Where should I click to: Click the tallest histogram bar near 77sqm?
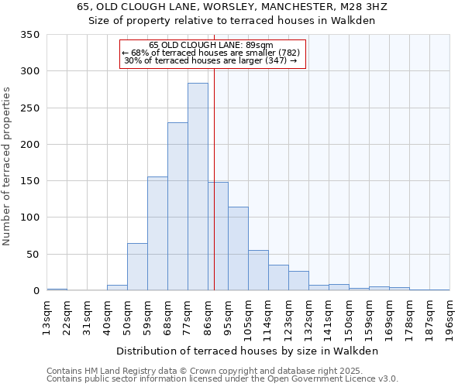198,187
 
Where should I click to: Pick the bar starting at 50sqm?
137,267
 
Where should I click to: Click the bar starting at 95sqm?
238,248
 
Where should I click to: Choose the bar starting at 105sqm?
258,270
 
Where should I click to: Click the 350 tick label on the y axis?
30,35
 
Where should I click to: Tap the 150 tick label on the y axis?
30,181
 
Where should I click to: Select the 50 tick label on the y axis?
33,255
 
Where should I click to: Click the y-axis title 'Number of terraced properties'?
8,166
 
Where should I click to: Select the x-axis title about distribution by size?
248,351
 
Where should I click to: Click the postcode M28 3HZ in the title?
364,7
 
